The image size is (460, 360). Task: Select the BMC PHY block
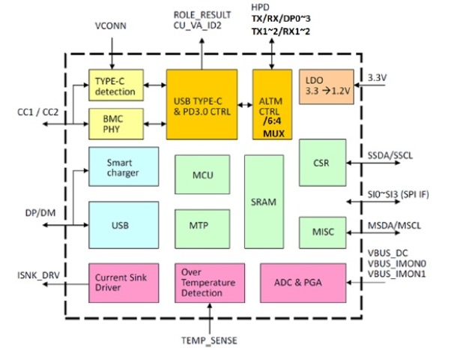point(115,124)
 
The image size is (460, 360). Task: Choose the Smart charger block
point(124,167)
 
